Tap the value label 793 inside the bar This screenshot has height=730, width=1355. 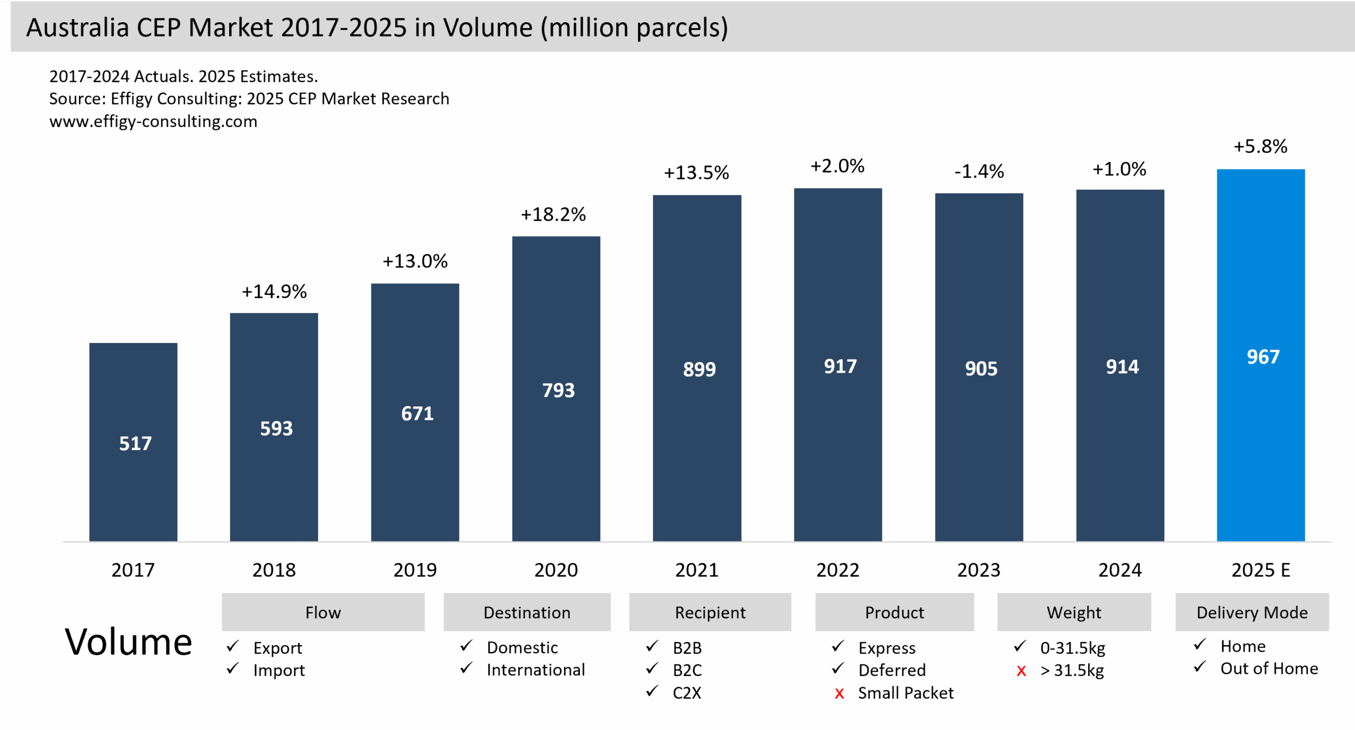click(558, 390)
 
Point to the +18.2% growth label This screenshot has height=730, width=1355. click(553, 214)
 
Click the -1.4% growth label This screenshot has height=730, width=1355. click(979, 171)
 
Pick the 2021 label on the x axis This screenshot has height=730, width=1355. click(697, 570)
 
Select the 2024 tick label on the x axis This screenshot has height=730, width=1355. click(1119, 570)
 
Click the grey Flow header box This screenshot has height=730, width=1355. click(323, 612)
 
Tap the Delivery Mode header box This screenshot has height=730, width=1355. click(1252, 612)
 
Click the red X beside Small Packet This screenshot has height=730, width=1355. click(839, 693)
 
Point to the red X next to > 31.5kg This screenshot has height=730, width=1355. click(1021, 671)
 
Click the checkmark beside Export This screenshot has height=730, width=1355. click(232, 646)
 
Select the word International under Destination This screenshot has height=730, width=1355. click(536, 670)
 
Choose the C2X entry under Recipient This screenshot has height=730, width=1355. click(686, 693)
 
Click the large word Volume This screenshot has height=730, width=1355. click(128, 642)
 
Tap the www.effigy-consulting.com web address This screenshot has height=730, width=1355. click(153, 121)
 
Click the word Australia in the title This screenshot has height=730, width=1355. click(77, 28)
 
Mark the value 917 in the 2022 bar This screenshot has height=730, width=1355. click(840, 366)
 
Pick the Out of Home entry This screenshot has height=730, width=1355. click(1269, 669)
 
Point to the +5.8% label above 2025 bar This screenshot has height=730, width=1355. click(1260, 147)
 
